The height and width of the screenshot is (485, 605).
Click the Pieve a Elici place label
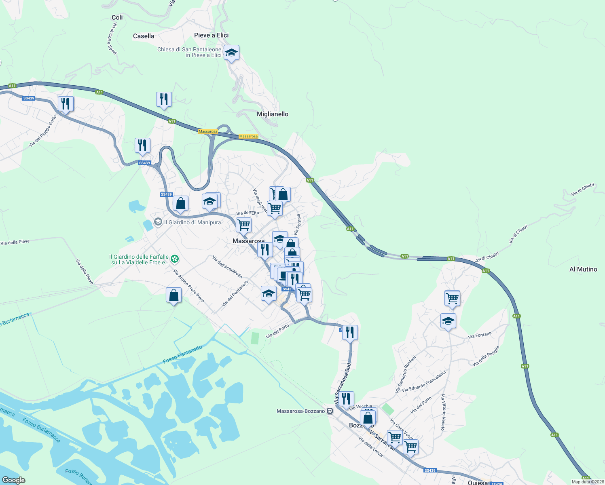[211, 35]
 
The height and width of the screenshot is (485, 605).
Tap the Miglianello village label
[273, 114]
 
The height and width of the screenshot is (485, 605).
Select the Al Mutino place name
[583, 269]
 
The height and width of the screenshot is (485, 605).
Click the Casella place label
[144, 36]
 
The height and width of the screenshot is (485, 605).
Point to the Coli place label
[117, 17]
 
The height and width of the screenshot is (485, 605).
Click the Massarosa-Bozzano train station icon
[330, 411]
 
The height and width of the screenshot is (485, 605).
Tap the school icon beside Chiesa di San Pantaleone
[231, 53]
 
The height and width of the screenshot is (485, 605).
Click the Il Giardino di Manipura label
[192, 222]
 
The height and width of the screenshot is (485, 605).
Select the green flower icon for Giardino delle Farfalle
[175, 258]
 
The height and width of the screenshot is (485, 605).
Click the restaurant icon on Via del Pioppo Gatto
[66, 103]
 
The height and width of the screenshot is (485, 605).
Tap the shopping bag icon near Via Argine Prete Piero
[173, 295]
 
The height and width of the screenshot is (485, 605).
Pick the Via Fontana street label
[480, 335]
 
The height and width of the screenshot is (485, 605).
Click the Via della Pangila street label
[486, 356]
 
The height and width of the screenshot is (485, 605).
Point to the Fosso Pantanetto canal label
[182, 354]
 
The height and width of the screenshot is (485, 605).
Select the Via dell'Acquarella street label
[227, 267]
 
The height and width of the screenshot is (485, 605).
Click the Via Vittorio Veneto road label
[443, 412]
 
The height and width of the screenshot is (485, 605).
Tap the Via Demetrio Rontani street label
[405, 374]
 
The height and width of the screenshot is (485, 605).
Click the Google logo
[14, 480]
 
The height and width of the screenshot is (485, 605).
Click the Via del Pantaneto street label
[235, 293]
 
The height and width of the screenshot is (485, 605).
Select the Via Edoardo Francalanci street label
[424, 381]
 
